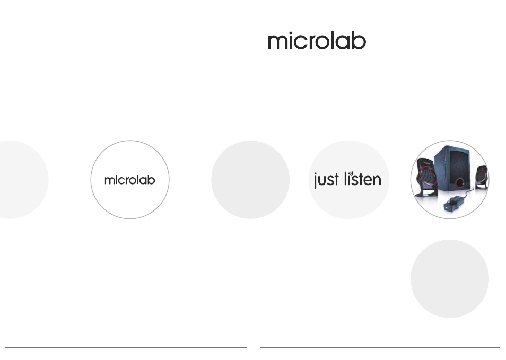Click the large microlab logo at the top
[317, 41]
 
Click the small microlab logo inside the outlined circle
[130, 180]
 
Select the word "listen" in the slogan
[363, 179]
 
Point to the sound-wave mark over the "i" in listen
[351, 173]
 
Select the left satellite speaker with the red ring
[426, 178]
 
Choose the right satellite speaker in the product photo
[482, 177]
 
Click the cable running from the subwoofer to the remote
[468, 194]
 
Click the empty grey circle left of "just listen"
[250, 180]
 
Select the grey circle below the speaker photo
[450, 279]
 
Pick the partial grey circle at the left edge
[23, 180]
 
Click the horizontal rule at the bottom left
[126, 347]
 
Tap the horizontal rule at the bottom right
[380, 347]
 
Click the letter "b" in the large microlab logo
[359, 41]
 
